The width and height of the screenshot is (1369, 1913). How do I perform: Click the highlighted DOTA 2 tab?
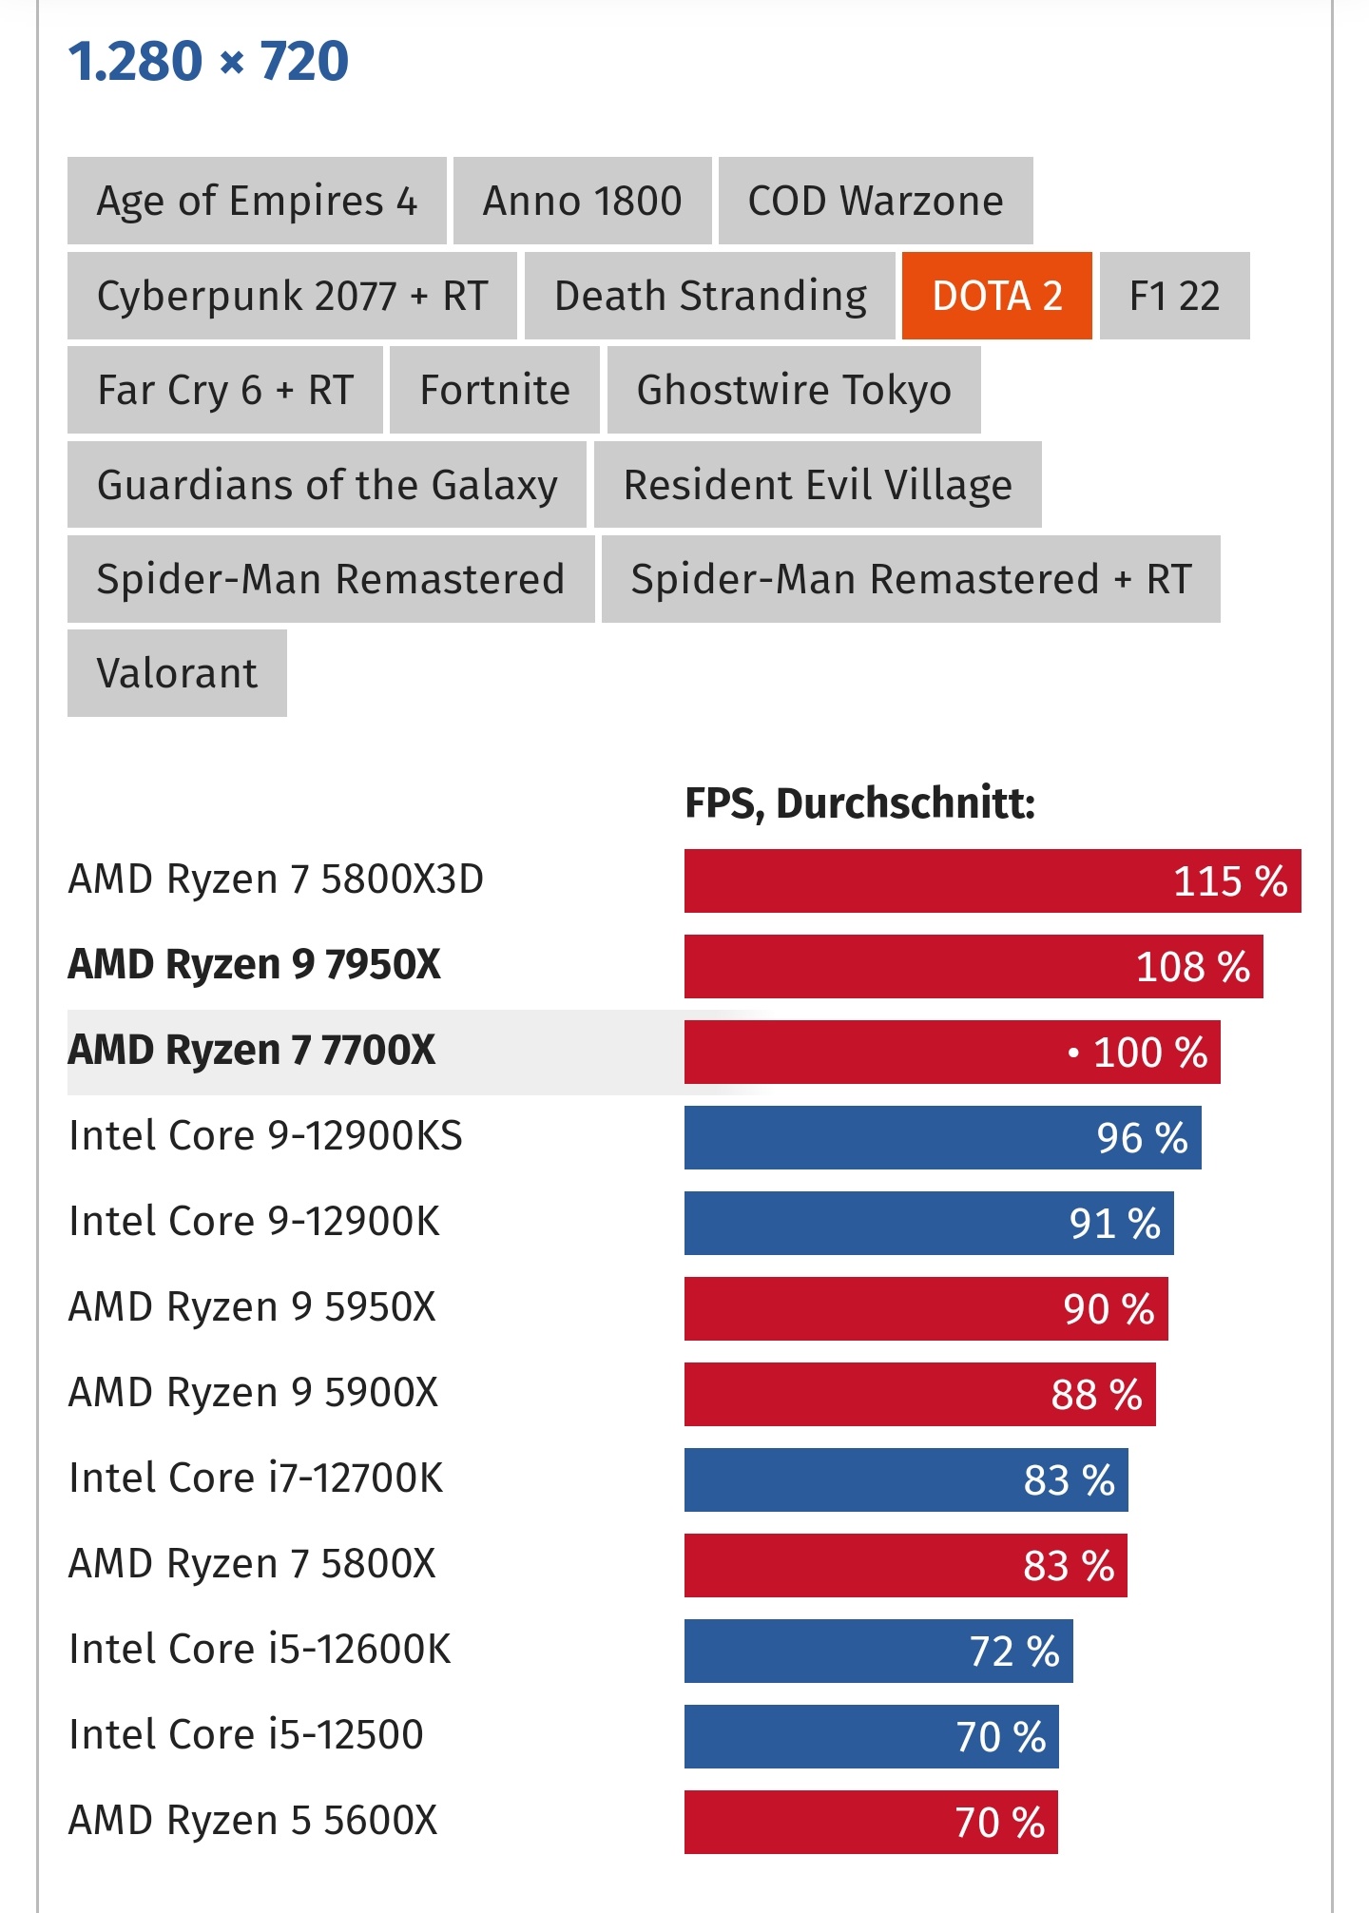click(996, 296)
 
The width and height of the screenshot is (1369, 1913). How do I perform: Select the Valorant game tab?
click(177, 673)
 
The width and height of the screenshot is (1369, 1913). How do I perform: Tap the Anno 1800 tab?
click(582, 201)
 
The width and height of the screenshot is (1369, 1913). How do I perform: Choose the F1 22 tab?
click(1174, 296)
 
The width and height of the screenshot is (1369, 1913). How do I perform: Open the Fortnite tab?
click(494, 390)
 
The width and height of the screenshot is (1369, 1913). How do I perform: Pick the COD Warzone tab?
click(875, 201)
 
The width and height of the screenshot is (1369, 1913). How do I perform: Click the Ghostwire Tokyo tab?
click(794, 390)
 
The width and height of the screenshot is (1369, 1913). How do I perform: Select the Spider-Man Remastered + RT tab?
click(911, 579)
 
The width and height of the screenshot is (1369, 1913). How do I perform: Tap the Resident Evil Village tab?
click(818, 485)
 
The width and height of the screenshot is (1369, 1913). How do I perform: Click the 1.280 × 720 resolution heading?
click(208, 61)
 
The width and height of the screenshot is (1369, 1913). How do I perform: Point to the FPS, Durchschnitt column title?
click(859, 803)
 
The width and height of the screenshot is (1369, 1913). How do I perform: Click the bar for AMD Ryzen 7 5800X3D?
click(992, 881)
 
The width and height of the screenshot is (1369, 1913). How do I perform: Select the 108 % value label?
click(1193, 967)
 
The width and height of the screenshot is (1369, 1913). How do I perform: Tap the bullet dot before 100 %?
click(1073, 1053)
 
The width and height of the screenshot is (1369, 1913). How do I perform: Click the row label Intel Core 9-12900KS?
click(265, 1136)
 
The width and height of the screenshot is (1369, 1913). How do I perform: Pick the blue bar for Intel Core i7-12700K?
click(905, 1480)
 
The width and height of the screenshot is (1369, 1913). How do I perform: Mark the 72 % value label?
click(1014, 1652)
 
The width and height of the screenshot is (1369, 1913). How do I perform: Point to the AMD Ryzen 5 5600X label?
click(253, 1821)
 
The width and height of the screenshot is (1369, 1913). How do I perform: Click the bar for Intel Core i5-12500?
click(871, 1737)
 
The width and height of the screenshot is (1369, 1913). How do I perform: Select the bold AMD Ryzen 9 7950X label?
click(254, 965)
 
